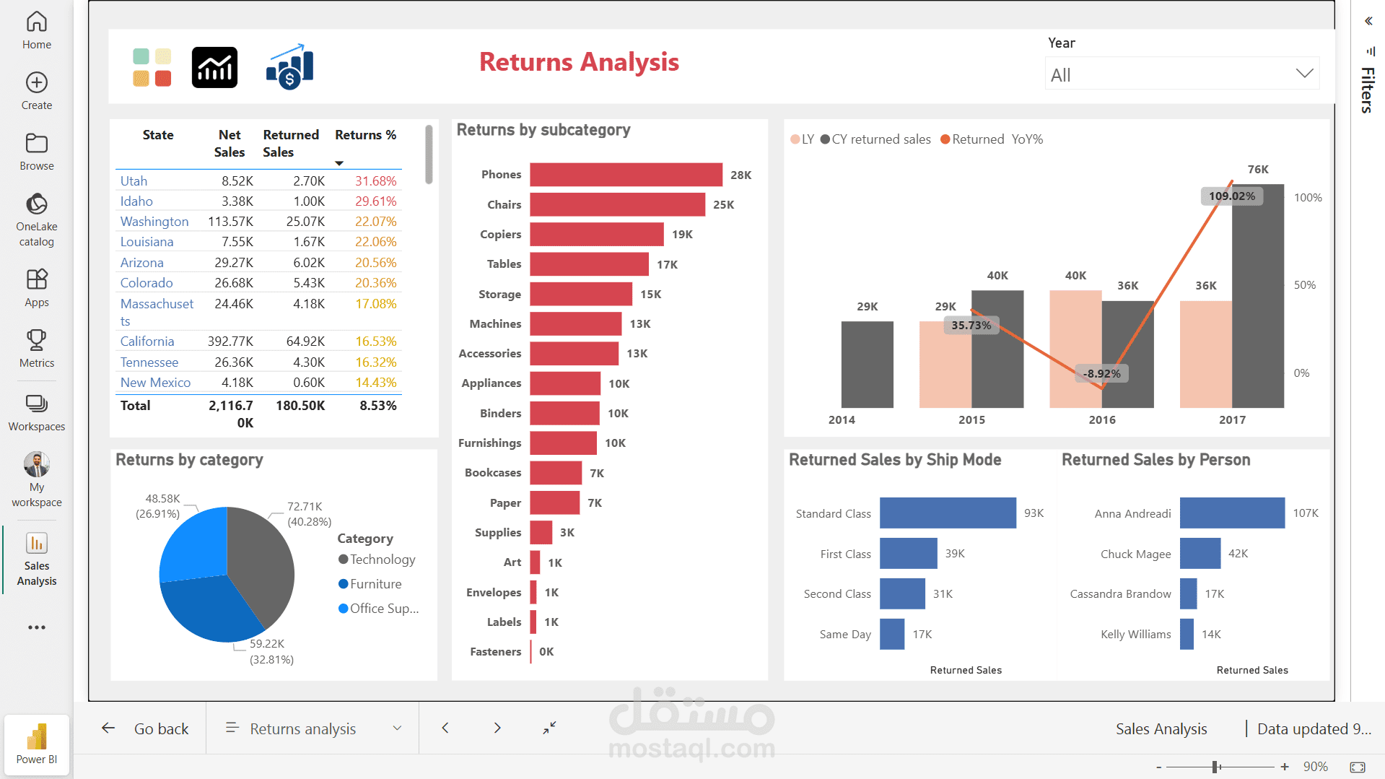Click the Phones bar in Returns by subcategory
[626, 175]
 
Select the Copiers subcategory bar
[596, 235]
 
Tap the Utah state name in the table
[134, 181]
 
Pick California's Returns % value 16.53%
[375, 341]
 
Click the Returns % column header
[365, 135]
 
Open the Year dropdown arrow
[1303, 74]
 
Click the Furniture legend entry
[375, 584]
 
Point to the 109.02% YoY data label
[1231, 196]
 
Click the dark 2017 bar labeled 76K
[1257, 296]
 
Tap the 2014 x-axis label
[842, 420]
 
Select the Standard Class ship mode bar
[948, 513]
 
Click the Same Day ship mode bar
[892, 635]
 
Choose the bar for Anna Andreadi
[1232, 513]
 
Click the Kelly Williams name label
[1135, 635]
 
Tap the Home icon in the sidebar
[37, 22]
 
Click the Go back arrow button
[108, 728]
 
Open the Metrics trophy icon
[37, 339]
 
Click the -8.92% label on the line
[1102, 374]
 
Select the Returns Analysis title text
[579, 62]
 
